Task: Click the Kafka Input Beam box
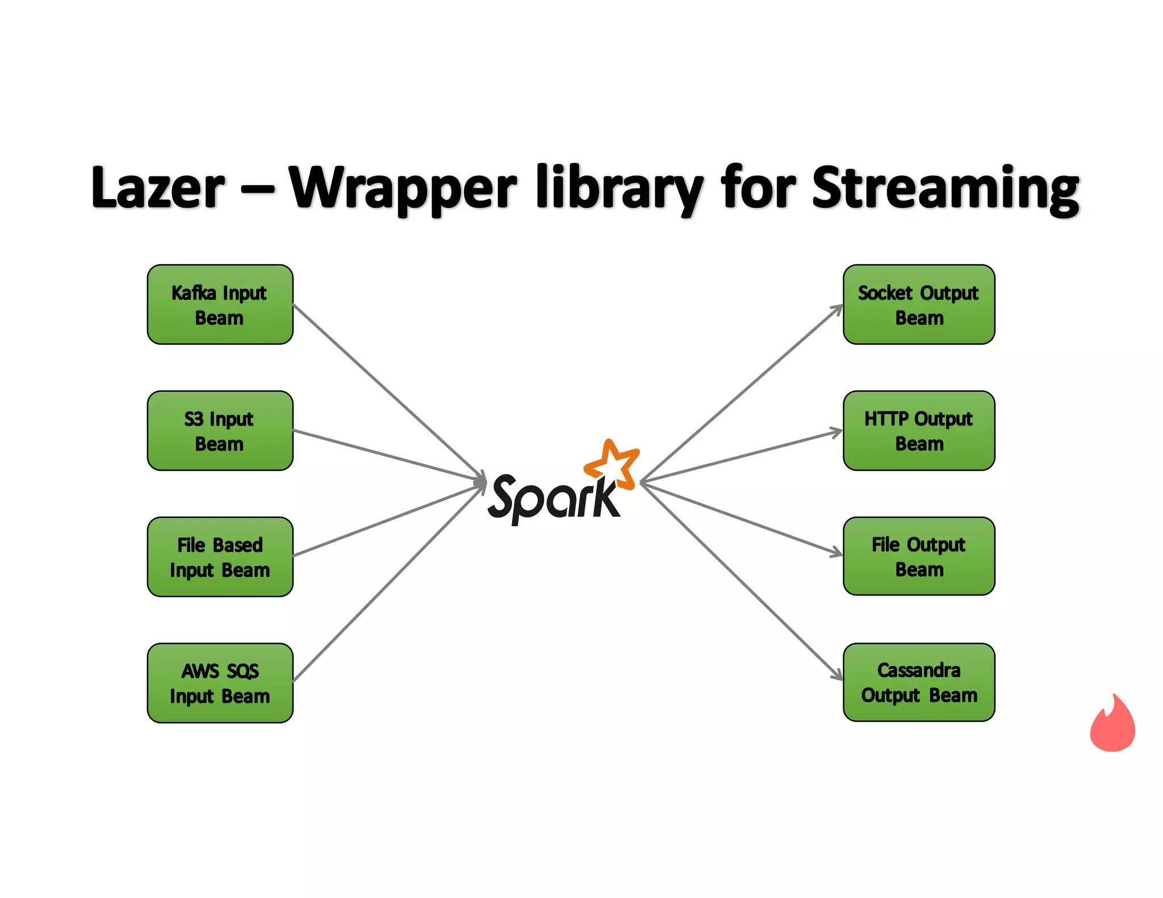(x=220, y=305)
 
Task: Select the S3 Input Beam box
(x=220, y=431)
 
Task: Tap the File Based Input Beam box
(x=220, y=557)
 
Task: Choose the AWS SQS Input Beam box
(x=220, y=683)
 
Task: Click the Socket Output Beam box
(x=919, y=305)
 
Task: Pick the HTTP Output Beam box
(x=919, y=431)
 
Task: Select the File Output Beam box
(x=919, y=556)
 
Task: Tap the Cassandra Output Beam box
(x=919, y=682)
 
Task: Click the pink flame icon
(x=1112, y=725)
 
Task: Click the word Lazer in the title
(x=158, y=188)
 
